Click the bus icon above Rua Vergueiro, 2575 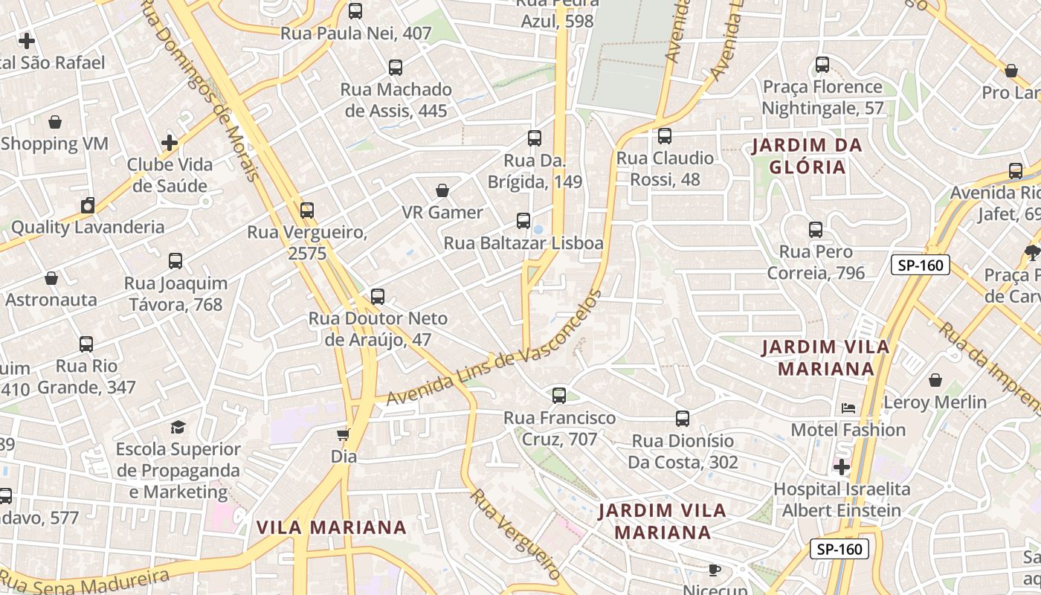tap(307, 210)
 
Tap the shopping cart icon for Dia tap(343, 434)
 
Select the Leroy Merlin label tap(935, 402)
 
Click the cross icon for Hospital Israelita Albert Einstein tap(841, 467)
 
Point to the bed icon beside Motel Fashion tap(848, 408)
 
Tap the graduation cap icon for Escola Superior tap(178, 427)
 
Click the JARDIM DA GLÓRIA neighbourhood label tap(807, 156)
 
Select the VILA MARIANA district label tap(331, 527)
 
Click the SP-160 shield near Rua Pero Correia tap(921, 265)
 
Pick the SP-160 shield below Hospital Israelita tap(839, 549)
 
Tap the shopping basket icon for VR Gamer tap(442, 191)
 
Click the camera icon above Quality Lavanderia tap(88, 205)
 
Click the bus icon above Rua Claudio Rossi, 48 tap(665, 136)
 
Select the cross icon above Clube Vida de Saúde tap(170, 142)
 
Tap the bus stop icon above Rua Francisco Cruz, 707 tap(559, 396)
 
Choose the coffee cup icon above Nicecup tap(714, 570)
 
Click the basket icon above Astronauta tap(51, 279)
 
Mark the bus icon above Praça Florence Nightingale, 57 tap(822, 65)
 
